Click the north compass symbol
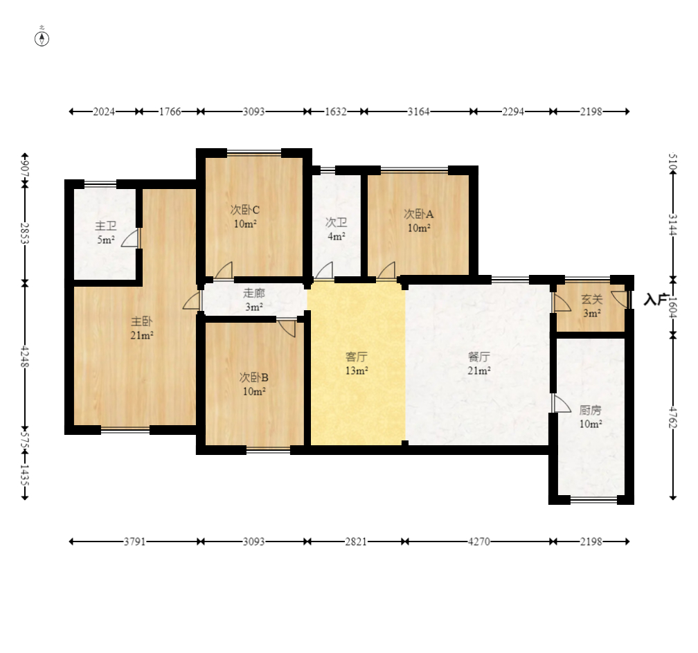click(x=42, y=39)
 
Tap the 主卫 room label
click(x=106, y=226)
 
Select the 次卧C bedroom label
click(x=245, y=209)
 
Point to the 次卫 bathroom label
click(x=336, y=222)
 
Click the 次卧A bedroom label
click(x=418, y=214)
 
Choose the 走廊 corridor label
click(x=253, y=293)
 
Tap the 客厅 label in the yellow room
click(x=356, y=357)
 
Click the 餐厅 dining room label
click(x=479, y=357)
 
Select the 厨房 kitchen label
click(x=590, y=409)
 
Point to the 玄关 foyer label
click(x=591, y=299)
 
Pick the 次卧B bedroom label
click(x=253, y=377)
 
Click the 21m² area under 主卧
click(x=141, y=335)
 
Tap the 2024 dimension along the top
click(x=104, y=111)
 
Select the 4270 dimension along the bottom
click(x=479, y=542)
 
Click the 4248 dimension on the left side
click(x=25, y=357)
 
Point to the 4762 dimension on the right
click(x=673, y=417)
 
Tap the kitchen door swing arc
click(x=562, y=403)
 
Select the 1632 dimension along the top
click(x=336, y=111)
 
